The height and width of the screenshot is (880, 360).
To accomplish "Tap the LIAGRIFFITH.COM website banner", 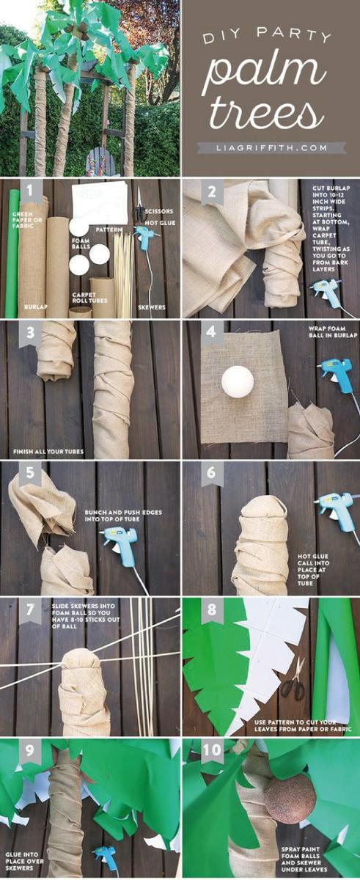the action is (271, 148).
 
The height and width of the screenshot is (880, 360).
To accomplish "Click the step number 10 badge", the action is (212, 750).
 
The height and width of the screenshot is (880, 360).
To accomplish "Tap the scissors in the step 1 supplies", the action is (139, 205).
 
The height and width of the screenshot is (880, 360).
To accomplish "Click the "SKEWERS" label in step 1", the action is (152, 307).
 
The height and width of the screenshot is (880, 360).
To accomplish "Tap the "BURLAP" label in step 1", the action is (35, 307).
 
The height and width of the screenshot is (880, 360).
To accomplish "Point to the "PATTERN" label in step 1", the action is (109, 229).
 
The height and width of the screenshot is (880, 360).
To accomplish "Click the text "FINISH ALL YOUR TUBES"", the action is (48, 452).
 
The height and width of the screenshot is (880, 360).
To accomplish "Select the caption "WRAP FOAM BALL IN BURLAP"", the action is (333, 332).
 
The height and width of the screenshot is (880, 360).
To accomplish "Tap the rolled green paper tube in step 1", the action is (11, 254).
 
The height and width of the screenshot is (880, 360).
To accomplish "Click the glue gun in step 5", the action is (120, 542).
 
